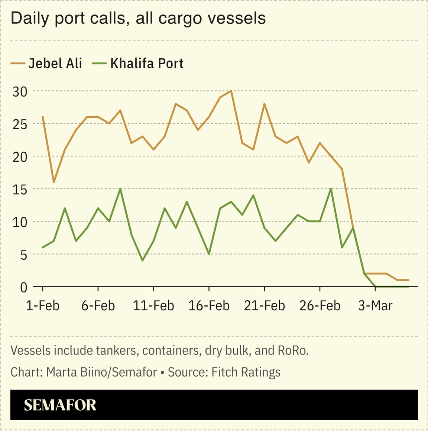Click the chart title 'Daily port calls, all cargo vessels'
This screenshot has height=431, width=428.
138,18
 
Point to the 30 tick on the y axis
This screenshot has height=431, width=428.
20,91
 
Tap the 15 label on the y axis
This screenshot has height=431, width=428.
20,189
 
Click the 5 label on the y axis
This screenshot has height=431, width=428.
23,255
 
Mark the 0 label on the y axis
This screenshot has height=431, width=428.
23,287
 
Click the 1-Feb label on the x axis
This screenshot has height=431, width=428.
43,305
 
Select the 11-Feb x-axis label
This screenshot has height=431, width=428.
153,305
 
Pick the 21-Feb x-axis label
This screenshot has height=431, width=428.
265,305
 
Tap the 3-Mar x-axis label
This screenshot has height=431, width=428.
375,305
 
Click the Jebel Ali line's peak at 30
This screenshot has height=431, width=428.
231,91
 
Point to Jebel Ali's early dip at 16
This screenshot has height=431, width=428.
54,182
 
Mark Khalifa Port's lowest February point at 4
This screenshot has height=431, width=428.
143,260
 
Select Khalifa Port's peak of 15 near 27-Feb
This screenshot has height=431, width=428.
331,189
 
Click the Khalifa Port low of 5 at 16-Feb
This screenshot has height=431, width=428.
209,254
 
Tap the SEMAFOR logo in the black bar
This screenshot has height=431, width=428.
60,405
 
